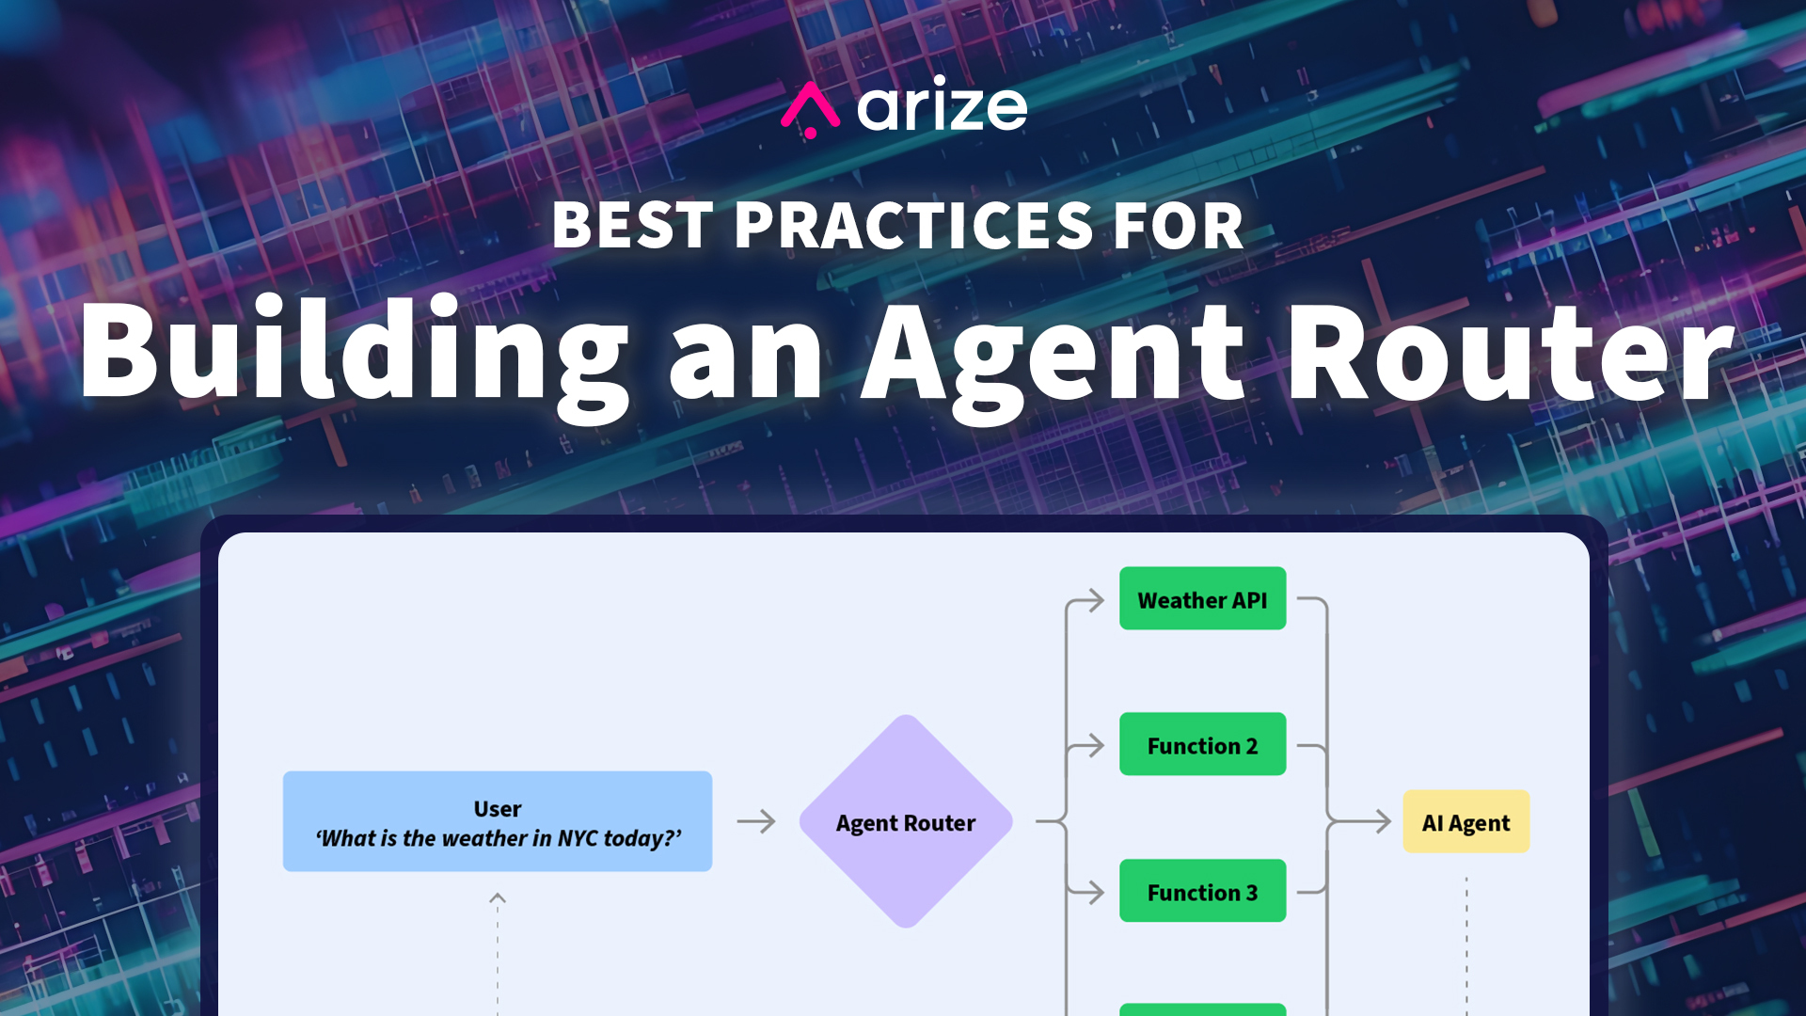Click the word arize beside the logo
click(x=943, y=107)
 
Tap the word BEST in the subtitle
click(x=632, y=226)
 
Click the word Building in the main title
click(x=354, y=353)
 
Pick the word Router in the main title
click(x=1509, y=353)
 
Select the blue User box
click(x=497, y=821)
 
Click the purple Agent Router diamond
click(x=905, y=821)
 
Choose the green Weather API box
click(x=1202, y=598)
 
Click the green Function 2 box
click(x=1202, y=744)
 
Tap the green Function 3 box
click(x=1202, y=891)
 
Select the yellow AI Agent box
click(x=1465, y=821)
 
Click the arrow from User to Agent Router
click(x=756, y=821)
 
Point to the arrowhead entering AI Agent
click(x=1382, y=821)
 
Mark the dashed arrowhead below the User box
click(x=498, y=898)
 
